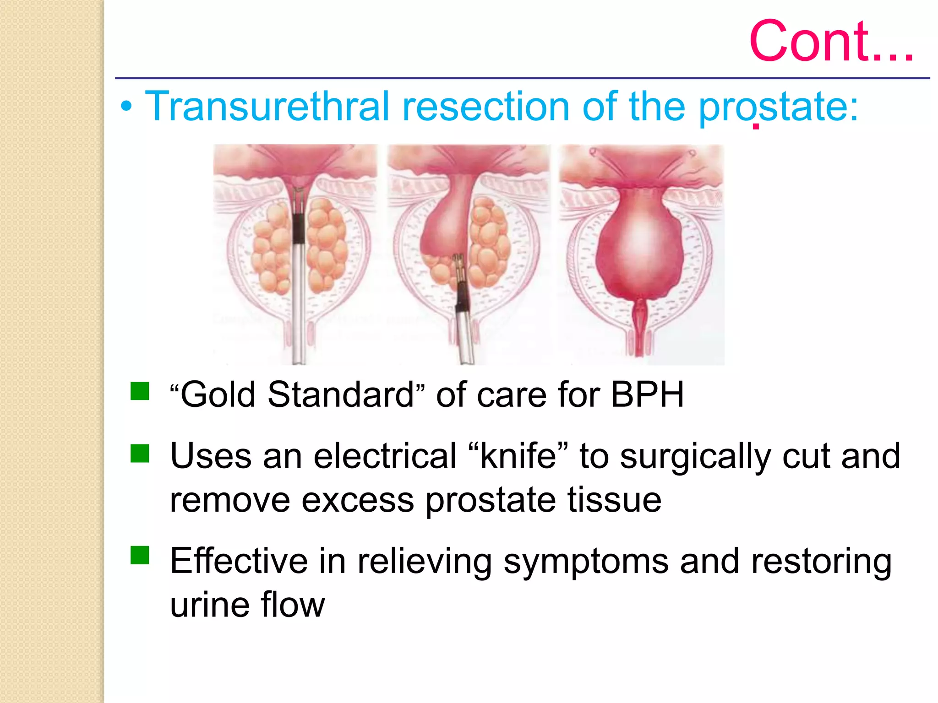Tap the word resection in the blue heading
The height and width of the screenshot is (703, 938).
(x=485, y=106)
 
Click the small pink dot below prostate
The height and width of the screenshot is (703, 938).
(x=756, y=126)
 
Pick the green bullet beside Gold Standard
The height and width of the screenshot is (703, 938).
(x=140, y=391)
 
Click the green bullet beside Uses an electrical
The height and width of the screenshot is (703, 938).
(x=140, y=454)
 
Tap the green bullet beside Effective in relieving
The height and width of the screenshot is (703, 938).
(x=140, y=555)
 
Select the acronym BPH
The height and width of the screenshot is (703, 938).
(x=647, y=395)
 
